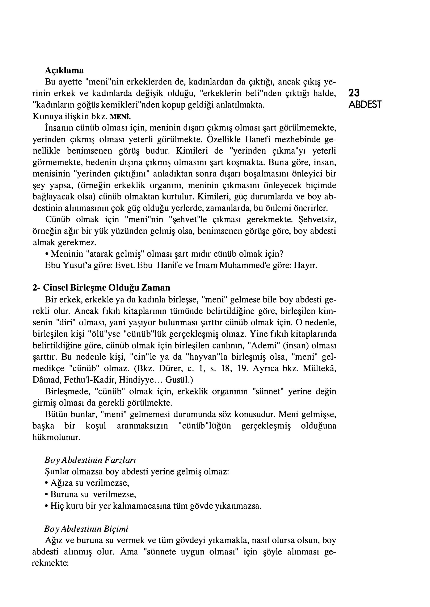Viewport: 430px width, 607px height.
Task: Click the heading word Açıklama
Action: coord(64,70)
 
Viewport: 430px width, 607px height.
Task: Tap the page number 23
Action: coord(354,93)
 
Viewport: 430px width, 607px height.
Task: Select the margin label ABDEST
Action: coord(365,105)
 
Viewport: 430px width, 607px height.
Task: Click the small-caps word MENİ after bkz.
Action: coord(121,117)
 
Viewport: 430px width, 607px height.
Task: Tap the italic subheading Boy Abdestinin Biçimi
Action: coord(86,529)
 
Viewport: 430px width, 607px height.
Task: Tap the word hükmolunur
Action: coord(56,437)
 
